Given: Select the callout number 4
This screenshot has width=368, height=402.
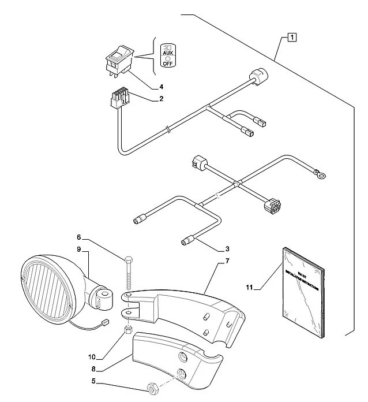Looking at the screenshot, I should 162,87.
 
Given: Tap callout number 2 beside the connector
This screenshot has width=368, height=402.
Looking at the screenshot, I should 162,99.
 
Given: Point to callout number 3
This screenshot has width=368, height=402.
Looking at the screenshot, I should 227,249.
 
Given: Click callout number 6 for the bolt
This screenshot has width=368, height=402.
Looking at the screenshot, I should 80,236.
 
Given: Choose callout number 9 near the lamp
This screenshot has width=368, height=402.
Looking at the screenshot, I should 80,250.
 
